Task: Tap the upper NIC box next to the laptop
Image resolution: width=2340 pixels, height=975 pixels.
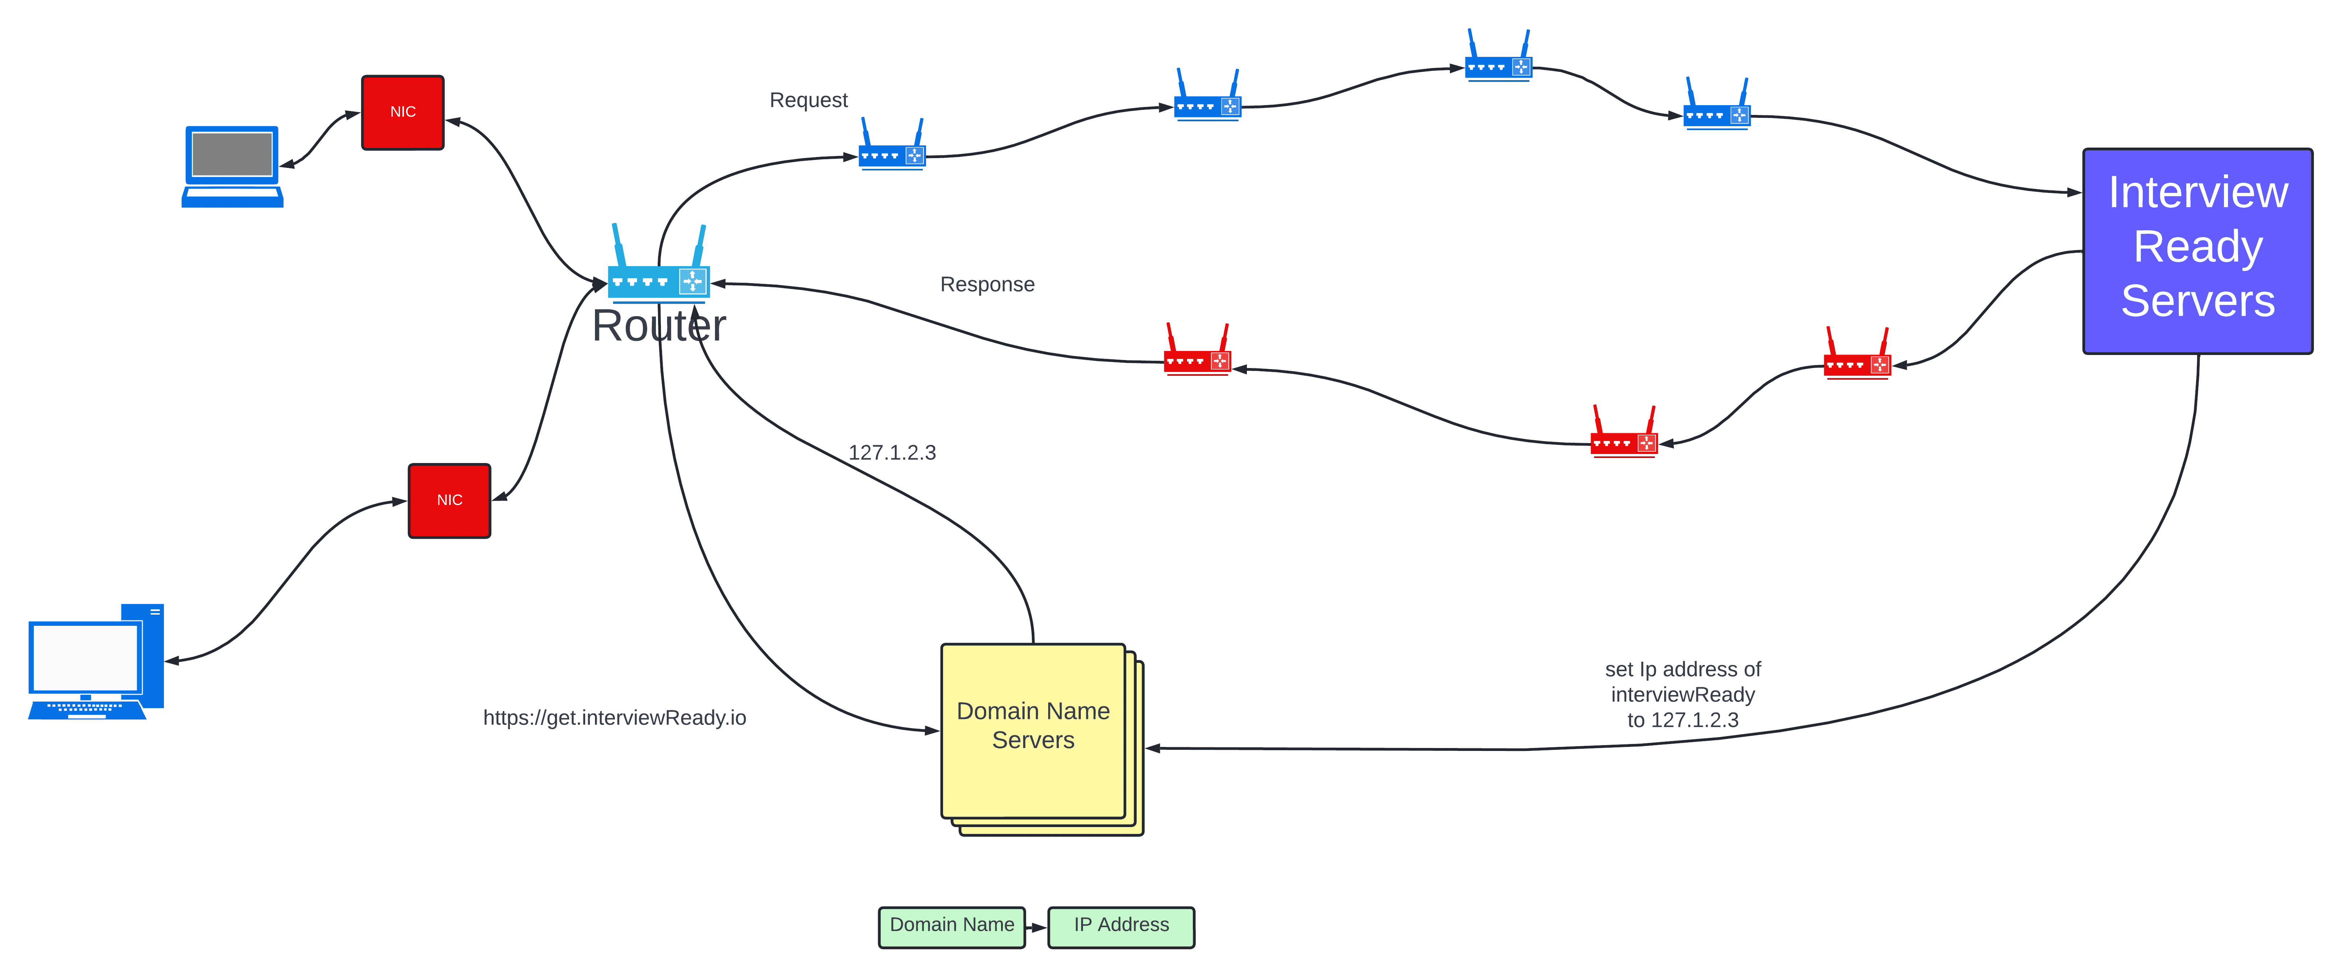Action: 402,112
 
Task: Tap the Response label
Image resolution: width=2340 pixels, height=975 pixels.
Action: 987,284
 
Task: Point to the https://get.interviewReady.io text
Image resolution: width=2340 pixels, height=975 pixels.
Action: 614,718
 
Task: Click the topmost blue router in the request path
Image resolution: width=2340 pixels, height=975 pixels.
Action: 1498,59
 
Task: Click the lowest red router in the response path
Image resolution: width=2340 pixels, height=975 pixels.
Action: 1623,436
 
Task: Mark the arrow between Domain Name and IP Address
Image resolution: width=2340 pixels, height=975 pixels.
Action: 1037,927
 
